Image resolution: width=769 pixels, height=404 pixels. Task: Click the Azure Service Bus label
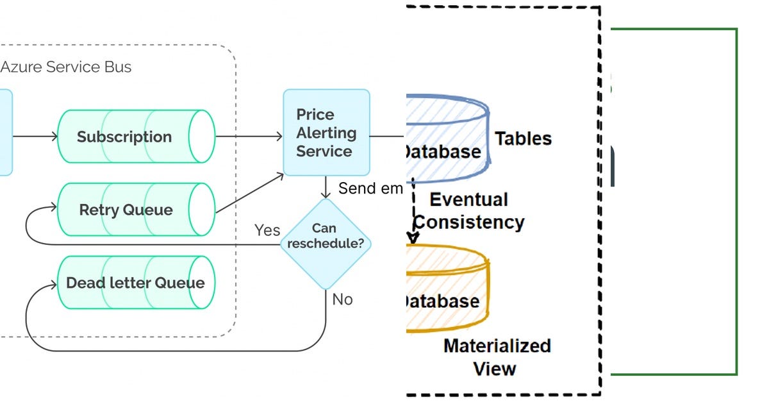[x=66, y=67]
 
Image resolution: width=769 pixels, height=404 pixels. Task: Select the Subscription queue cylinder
[x=136, y=137]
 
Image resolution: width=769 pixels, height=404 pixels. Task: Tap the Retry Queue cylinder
[x=136, y=210]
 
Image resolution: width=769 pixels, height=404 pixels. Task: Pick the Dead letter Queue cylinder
[x=136, y=283]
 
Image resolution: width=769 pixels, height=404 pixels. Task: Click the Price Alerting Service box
[x=326, y=133]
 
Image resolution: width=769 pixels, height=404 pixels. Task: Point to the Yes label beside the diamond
[x=267, y=230]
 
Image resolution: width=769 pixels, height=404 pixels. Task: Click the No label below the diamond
[x=342, y=299]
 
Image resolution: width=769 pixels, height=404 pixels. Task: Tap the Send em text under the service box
[x=370, y=189]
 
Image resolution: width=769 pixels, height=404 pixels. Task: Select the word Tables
[x=523, y=139]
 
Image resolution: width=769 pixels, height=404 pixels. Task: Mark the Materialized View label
[x=497, y=357]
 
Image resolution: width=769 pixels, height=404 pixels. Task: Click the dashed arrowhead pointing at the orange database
[x=413, y=238]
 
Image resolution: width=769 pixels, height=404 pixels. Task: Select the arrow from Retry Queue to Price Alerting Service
[x=250, y=192]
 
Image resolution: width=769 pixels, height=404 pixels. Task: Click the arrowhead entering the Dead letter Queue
[x=53, y=283]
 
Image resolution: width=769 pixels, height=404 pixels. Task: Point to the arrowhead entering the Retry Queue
[x=53, y=209]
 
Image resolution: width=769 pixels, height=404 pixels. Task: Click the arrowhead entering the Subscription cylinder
[x=53, y=137]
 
